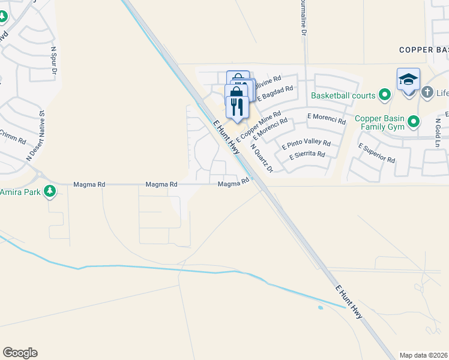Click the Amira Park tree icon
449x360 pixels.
tap(50, 192)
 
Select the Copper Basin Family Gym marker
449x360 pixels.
tap(413, 122)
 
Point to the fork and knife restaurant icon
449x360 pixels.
tap(237, 107)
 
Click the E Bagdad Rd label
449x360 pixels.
tap(276, 93)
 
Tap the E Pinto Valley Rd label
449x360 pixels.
tap(306, 144)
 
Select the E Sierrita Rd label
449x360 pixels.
tap(307, 155)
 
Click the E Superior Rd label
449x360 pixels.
tap(376, 153)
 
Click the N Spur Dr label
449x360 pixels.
tap(54, 61)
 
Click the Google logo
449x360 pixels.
tap(20, 353)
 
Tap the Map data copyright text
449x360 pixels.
tap(424, 355)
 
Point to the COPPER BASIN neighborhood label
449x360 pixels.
tap(424, 50)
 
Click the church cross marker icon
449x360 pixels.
tap(427, 92)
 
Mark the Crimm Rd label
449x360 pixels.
tap(12, 137)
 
